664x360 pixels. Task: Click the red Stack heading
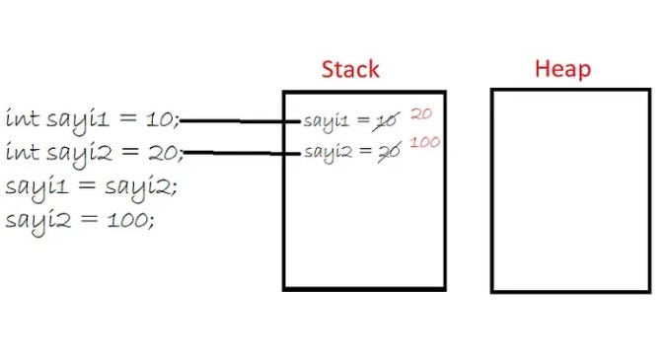pyautogui.click(x=350, y=69)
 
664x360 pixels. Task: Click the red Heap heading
pyautogui.click(x=561, y=69)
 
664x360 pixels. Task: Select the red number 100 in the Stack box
pyautogui.click(x=425, y=143)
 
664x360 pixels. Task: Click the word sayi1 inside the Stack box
pyautogui.click(x=326, y=121)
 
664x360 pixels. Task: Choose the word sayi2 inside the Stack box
pyautogui.click(x=327, y=152)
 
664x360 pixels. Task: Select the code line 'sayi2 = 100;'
pyautogui.click(x=79, y=218)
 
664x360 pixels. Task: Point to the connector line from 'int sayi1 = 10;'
pyautogui.click(x=242, y=121)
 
